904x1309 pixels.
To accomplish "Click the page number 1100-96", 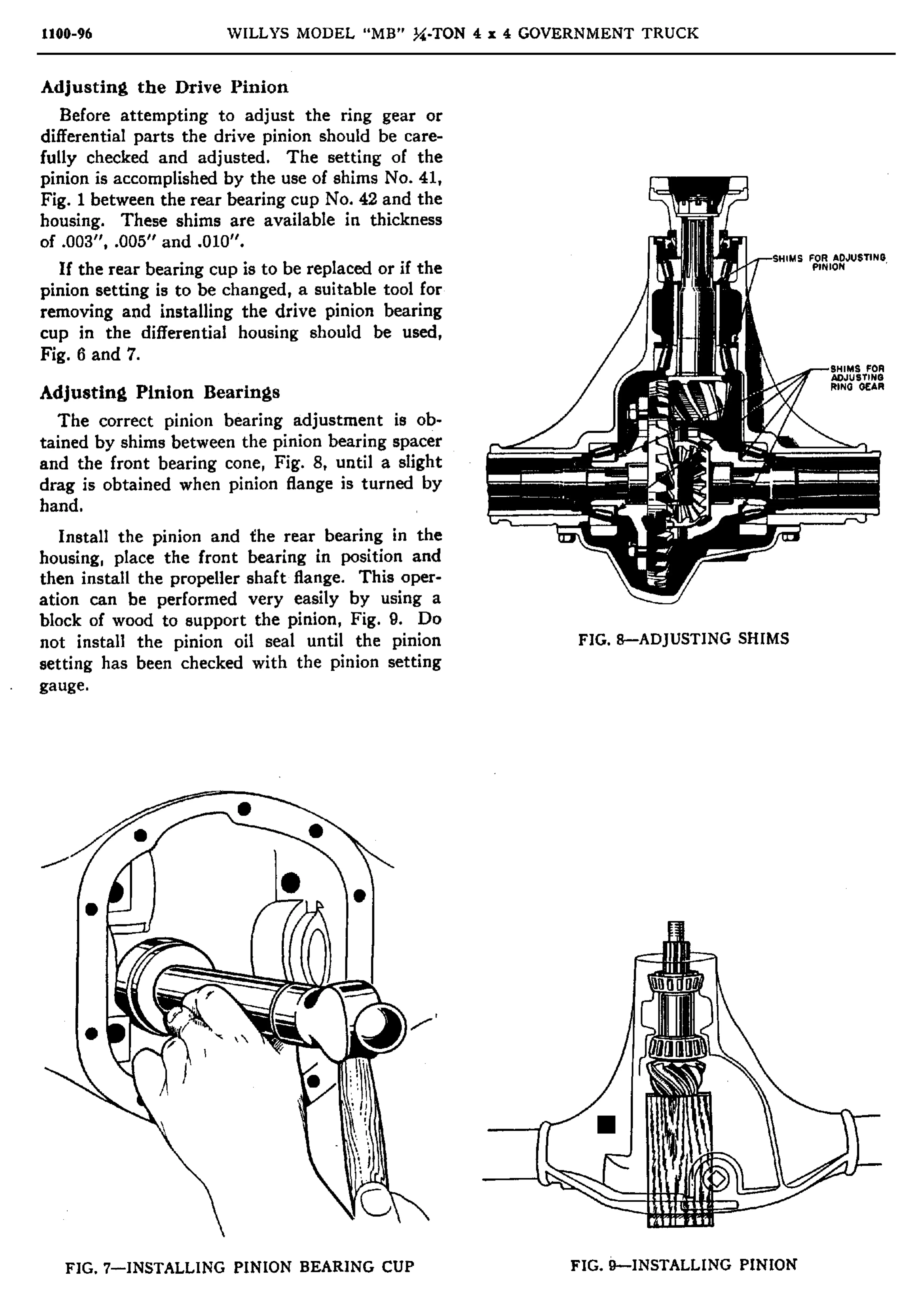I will (x=66, y=34).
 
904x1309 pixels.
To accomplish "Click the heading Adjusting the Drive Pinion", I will (x=164, y=87).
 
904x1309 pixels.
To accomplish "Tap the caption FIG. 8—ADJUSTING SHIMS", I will (x=683, y=639).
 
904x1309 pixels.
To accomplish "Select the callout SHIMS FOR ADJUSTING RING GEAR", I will (x=856, y=377).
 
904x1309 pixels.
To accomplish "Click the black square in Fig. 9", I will (x=606, y=1124).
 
